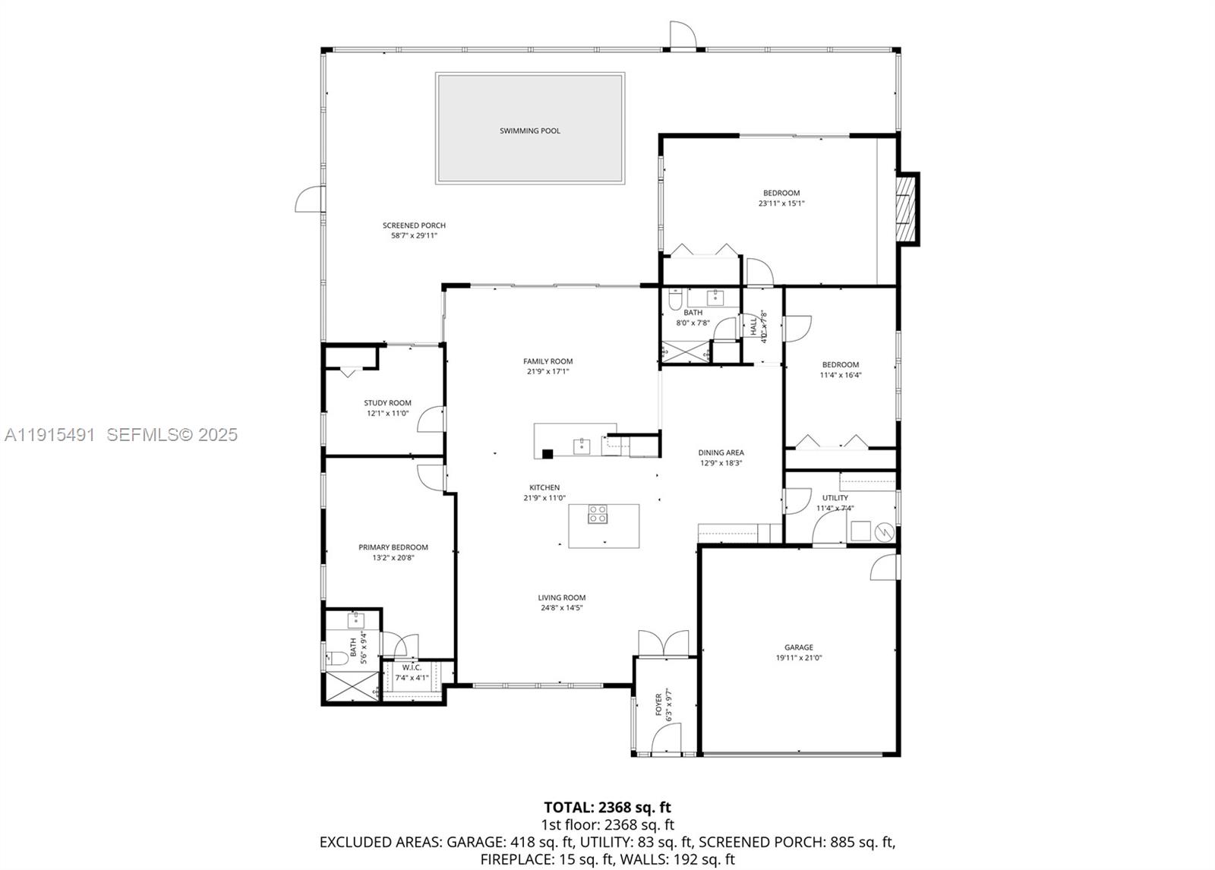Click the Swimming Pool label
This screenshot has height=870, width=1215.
529,131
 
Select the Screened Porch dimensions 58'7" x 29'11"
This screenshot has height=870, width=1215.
414,236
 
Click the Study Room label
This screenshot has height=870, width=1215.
387,403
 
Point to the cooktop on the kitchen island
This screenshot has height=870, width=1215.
598,514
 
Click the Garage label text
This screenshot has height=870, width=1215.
799,648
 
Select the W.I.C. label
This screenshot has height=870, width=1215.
412,667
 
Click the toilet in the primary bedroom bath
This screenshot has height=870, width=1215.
336,658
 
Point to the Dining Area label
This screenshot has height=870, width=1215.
721,452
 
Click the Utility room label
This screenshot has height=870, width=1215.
835,498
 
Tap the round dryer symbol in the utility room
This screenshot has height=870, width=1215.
884,532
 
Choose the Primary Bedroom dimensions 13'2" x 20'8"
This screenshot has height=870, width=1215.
393,558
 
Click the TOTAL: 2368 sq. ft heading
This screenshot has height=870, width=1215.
607,807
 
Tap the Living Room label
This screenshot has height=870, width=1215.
562,597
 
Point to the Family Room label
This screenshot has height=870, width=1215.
548,361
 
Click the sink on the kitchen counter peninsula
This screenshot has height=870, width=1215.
582,445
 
